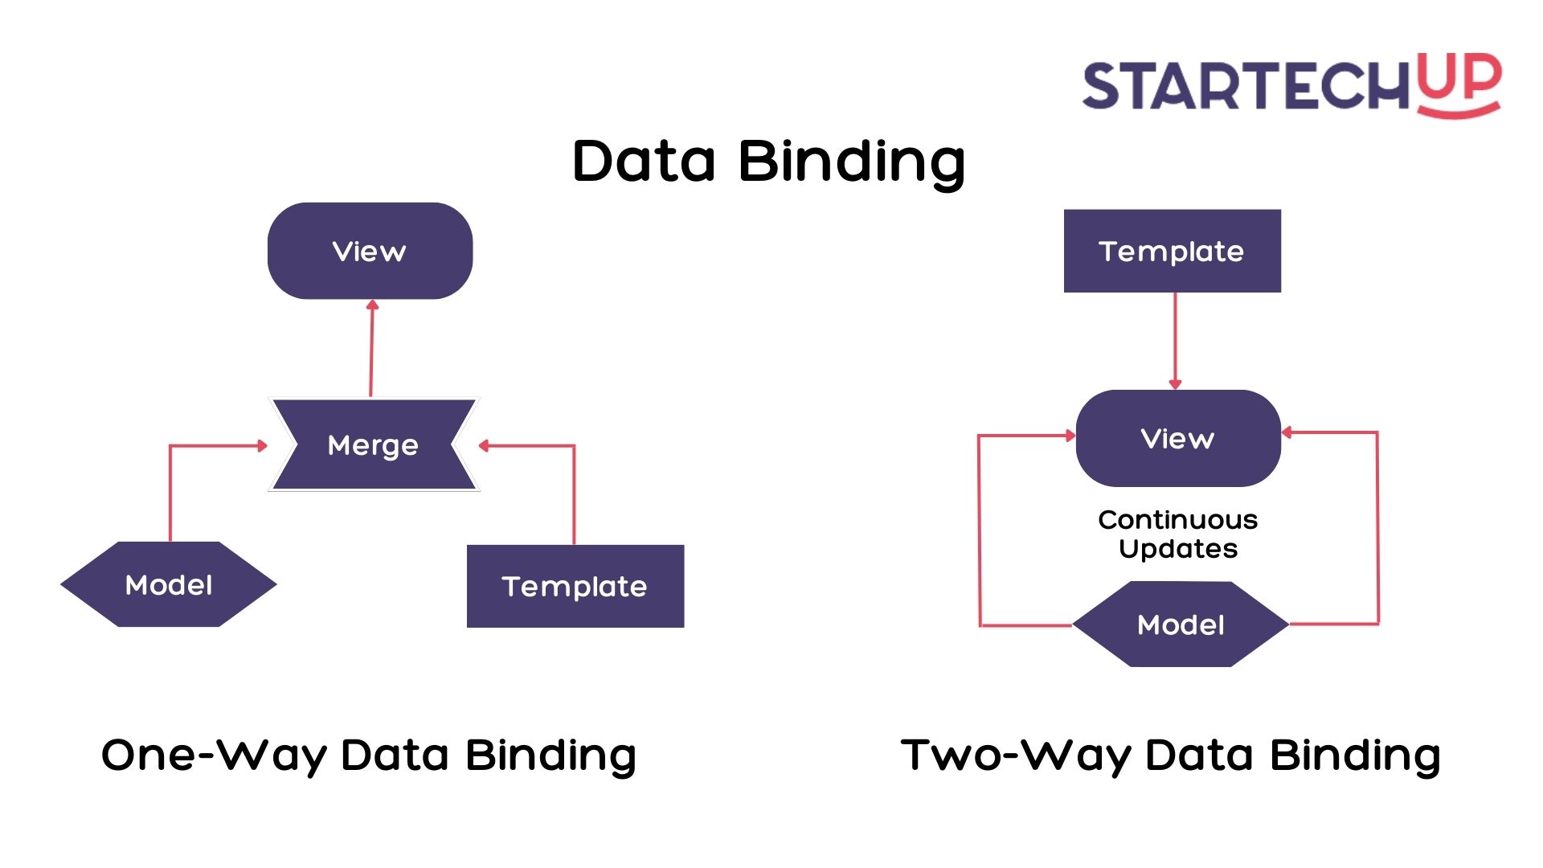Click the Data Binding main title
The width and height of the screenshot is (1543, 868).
768,161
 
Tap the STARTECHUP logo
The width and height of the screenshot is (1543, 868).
1291,84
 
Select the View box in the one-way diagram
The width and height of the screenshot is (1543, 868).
370,251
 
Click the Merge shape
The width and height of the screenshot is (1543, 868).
374,444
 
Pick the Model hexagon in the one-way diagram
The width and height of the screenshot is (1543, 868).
169,584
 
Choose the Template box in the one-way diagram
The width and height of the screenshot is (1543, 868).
575,586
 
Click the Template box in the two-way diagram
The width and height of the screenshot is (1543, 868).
1172,251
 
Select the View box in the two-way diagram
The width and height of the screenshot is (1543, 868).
1177,438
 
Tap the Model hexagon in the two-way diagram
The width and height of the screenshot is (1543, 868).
1181,624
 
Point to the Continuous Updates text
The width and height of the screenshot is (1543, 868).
1178,534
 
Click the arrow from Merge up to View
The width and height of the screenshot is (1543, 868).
371,350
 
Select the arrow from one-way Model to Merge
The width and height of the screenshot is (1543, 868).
170,490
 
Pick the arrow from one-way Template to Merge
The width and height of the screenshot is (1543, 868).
574,490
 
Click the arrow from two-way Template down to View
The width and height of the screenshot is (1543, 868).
1175,341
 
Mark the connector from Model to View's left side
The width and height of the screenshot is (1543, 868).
979,530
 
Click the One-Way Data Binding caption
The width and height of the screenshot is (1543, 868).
369,755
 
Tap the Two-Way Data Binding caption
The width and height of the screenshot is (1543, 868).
1170,755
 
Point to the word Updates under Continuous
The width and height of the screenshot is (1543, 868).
1178,549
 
